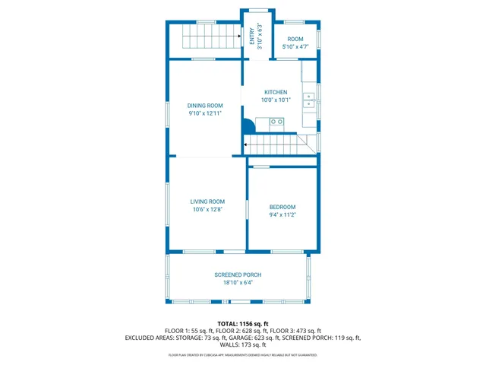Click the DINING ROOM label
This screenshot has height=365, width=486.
pyautogui.click(x=205, y=105)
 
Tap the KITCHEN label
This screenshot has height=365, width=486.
pyautogui.click(x=276, y=92)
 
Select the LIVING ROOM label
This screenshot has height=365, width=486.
pyautogui.click(x=207, y=202)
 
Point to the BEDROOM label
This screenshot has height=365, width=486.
pyautogui.click(x=282, y=207)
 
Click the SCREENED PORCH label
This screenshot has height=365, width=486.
pyautogui.click(x=238, y=275)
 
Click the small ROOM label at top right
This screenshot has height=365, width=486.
pyautogui.click(x=295, y=39)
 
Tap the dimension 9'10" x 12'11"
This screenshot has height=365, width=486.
pyautogui.click(x=205, y=113)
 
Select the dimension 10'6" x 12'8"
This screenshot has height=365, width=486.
pyautogui.click(x=207, y=210)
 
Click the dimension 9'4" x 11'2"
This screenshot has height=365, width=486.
pyautogui.click(x=282, y=215)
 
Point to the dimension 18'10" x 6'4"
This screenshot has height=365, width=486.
pyautogui.click(x=238, y=283)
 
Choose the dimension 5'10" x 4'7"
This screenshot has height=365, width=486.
pyautogui.click(x=295, y=47)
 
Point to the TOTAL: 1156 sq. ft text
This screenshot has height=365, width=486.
pyautogui.click(x=243, y=323)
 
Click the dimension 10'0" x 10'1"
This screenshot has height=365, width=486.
pyautogui.click(x=276, y=100)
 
